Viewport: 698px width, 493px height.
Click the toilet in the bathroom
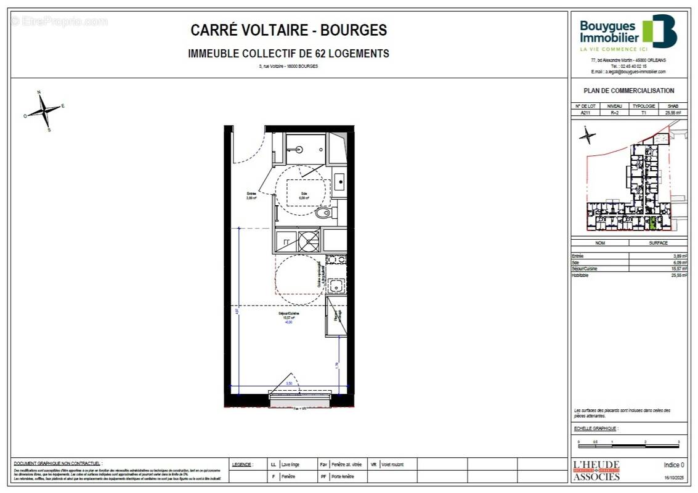click(323, 213)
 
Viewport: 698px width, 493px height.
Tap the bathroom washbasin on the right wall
click(339, 182)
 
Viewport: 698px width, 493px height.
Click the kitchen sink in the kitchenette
click(336, 285)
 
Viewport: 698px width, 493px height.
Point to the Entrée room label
click(251, 197)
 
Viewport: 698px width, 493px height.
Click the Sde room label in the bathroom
click(303, 196)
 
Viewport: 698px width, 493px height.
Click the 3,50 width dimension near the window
click(290, 384)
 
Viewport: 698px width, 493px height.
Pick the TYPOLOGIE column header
click(644, 107)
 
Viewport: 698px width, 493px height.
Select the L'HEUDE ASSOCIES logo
click(596, 471)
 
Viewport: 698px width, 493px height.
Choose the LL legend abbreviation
click(274, 463)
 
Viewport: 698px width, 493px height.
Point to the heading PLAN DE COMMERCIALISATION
click(628, 91)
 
